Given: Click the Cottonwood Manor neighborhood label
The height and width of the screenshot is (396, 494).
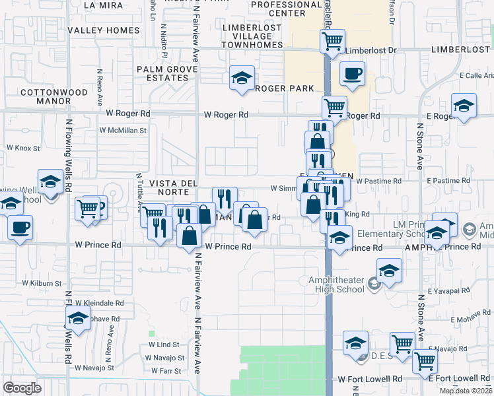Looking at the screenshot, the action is pyautogui.click(x=45, y=96).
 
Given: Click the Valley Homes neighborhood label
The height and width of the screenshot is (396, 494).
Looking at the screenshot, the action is pyautogui.click(x=104, y=30).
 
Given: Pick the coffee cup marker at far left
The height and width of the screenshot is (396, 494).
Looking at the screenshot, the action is pyautogui.click(x=19, y=227).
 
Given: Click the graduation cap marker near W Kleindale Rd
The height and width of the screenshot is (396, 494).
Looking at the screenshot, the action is pyautogui.click(x=78, y=318).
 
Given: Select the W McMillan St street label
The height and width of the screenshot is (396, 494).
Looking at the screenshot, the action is pyautogui.click(x=122, y=131).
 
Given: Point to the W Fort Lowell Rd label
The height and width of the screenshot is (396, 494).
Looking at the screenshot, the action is pyautogui.click(x=370, y=379).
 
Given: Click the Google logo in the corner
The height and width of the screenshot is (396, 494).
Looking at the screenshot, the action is pyautogui.click(x=22, y=388).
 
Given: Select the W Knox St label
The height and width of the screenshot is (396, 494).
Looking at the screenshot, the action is pyautogui.click(x=19, y=148).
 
